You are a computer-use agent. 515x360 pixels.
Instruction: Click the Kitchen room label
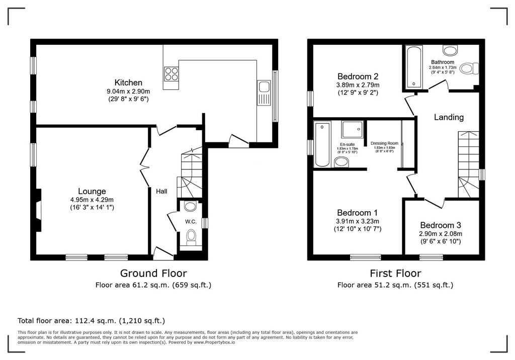128,82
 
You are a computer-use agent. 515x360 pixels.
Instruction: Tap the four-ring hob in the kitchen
171,73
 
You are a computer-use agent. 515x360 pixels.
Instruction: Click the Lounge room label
92,191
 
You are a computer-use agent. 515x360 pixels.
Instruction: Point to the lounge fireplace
39,210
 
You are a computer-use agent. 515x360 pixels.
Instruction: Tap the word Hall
161,191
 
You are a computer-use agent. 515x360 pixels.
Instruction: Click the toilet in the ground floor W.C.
191,238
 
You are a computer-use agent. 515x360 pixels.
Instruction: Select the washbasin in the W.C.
191,206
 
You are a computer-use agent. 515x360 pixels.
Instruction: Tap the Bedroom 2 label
358,76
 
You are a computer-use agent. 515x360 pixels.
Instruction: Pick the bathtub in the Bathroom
414,67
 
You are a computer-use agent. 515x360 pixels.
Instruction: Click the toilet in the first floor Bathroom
469,69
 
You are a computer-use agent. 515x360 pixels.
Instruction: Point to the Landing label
449,117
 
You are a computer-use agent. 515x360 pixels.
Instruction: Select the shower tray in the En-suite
353,129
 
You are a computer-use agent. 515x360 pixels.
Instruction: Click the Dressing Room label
384,143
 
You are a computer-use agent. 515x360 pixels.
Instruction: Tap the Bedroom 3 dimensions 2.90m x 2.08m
441,234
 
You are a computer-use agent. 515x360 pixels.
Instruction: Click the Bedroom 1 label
358,213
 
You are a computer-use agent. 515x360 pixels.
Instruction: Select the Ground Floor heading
153,274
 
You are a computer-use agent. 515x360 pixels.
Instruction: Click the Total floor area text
92,321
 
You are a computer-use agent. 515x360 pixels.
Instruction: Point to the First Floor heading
395,274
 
